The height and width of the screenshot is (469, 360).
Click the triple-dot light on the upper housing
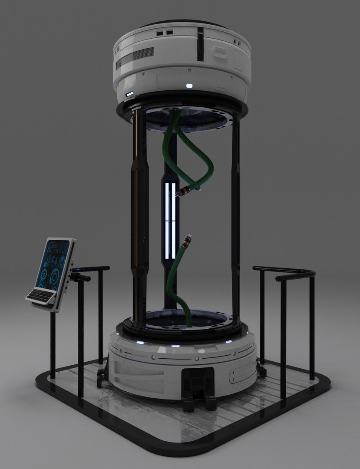130,94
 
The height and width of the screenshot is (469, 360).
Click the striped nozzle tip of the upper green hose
188,191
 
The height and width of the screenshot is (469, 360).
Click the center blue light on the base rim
175,346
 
